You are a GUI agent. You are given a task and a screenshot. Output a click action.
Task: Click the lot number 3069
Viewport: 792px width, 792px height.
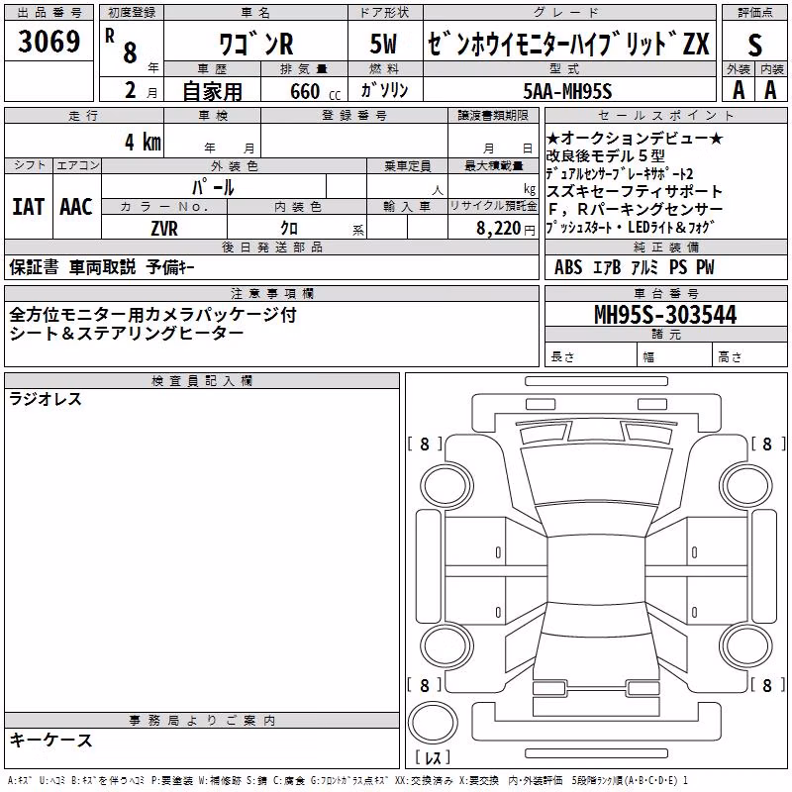click(x=49, y=41)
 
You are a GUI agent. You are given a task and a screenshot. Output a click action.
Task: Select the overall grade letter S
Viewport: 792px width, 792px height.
click(x=754, y=45)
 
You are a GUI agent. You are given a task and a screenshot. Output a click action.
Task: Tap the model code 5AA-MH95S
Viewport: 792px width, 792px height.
click(x=567, y=91)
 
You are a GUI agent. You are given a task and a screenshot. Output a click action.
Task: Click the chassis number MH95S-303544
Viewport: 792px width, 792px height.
click(x=665, y=314)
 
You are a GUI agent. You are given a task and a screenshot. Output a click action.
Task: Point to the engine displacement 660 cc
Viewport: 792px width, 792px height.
click(x=315, y=91)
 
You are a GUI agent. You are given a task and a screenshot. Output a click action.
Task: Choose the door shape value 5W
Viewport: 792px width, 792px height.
click(x=383, y=44)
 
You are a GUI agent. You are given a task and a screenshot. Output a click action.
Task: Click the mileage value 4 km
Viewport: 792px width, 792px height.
click(x=143, y=142)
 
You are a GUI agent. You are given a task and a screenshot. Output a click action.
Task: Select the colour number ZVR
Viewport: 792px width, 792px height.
click(x=164, y=229)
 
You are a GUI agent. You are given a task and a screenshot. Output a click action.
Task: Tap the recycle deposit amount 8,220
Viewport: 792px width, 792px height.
click(x=498, y=229)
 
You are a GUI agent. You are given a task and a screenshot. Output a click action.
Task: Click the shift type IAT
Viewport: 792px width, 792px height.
click(x=29, y=207)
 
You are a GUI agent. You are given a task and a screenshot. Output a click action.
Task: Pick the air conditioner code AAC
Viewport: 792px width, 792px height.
click(x=76, y=207)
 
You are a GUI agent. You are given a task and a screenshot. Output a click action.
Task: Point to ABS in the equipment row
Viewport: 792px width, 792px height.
click(x=568, y=267)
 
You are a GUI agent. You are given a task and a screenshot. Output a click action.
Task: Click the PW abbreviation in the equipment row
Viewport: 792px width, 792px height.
click(x=705, y=267)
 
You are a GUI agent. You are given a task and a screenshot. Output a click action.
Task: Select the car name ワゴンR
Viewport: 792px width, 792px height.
click(x=256, y=44)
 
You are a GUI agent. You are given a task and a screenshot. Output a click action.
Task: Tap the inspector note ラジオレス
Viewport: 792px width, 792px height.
click(x=46, y=399)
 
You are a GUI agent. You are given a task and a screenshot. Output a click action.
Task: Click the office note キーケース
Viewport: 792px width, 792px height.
click(x=51, y=741)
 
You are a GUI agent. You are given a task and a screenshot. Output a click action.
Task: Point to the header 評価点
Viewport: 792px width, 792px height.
click(x=755, y=13)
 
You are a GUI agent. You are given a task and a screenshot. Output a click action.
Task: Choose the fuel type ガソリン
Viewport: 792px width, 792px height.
click(x=384, y=90)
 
